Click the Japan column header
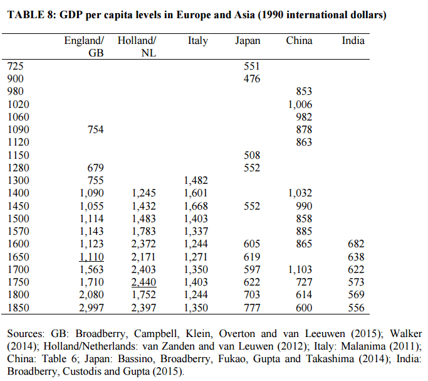(x=248, y=41)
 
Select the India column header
(x=353, y=41)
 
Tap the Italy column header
(x=197, y=41)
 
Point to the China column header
(x=299, y=41)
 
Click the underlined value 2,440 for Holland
(x=144, y=282)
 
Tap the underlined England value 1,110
(x=91, y=256)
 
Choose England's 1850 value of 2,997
(x=91, y=308)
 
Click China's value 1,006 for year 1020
(x=299, y=104)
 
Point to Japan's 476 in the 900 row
(x=251, y=78)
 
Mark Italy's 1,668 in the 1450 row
(x=196, y=206)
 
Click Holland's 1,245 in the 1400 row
(x=144, y=193)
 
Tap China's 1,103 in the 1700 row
(x=299, y=269)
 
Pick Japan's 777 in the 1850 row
(x=251, y=308)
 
